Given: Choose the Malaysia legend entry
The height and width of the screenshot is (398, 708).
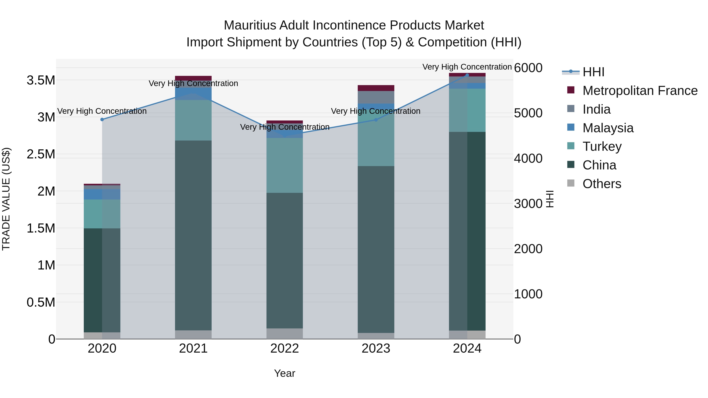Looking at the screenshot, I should pos(608,128).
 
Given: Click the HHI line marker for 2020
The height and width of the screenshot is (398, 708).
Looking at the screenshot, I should pos(102,119).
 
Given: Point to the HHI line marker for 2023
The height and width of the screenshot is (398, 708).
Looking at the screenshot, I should pos(376,120).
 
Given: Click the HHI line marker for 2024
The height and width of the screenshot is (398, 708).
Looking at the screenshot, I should pos(467,75).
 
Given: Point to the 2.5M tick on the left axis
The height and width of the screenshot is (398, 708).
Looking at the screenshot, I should pos(41,154).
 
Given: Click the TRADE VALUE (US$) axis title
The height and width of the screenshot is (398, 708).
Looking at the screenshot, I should pos(6,199).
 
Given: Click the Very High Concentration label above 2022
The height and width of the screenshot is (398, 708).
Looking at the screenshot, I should pos(285,127).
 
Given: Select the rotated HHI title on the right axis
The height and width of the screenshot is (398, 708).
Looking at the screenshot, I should pos(549,199).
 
